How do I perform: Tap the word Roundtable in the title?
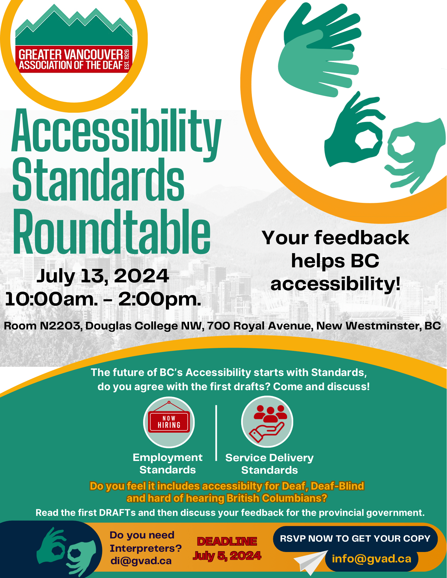pyautogui.click(x=112, y=231)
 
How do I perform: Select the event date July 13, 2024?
pyautogui.click(x=103, y=276)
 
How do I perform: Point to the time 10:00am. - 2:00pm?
pyautogui.click(x=103, y=299)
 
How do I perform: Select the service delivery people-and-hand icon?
pyautogui.click(x=267, y=422)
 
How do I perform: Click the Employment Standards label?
pyautogui.click(x=168, y=464)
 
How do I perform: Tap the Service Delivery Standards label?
pyautogui.click(x=269, y=464)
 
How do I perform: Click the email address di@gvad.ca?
pyautogui.click(x=141, y=561)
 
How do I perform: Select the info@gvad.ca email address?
pyautogui.click(x=372, y=559)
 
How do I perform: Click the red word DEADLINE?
pyautogui.click(x=227, y=541)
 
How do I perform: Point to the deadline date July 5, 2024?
pyautogui.click(x=227, y=556)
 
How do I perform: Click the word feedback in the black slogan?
pyautogui.click(x=362, y=238)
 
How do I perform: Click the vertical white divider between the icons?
pyautogui.click(x=216, y=433)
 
